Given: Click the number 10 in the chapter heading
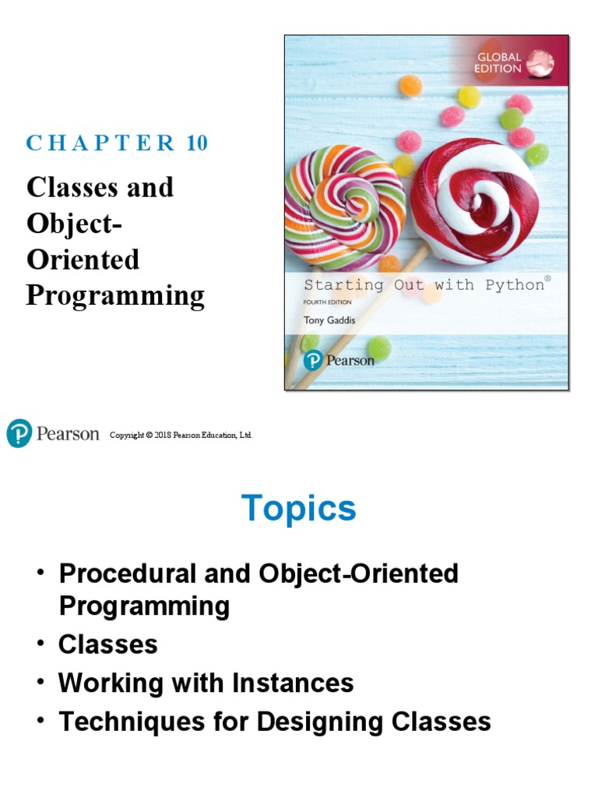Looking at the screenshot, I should pyautogui.click(x=197, y=143).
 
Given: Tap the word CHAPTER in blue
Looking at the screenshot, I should pyautogui.click(x=101, y=143).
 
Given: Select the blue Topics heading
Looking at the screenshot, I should pyautogui.click(x=299, y=509).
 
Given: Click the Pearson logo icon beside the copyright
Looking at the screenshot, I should pyautogui.click(x=19, y=433).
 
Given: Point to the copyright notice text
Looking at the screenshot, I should pyautogui.click(x=181, y=435).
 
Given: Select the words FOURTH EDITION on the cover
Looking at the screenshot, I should pyautogui.click(x=328, y=302).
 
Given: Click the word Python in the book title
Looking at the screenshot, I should pyautogui.click(x=514, y=284).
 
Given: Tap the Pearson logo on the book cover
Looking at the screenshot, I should pyautogui.click(x=339, y=360).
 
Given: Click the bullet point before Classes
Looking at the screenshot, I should pyautogui.click(x=40, y=644).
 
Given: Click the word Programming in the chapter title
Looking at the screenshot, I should pyautogui.click(x=115, y=296).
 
